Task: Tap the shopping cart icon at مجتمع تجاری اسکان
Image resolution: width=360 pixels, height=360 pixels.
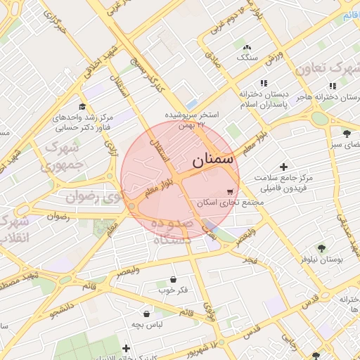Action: (x=230, y=191)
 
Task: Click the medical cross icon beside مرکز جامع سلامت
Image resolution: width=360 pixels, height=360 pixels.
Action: (x=284, y=167)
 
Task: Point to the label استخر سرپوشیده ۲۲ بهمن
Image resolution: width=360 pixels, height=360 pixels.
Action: (x=192, y=119)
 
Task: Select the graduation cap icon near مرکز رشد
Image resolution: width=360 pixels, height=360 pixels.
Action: (x=82, y=106)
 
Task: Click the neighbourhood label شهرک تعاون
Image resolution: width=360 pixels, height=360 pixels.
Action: (x=327, y=68)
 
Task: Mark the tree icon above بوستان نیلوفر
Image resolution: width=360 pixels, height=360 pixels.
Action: (x=321, y=247)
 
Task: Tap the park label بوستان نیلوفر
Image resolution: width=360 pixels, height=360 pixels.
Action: (x=321, y=259)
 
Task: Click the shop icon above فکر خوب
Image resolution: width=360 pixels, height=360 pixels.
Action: (x=173, y=279)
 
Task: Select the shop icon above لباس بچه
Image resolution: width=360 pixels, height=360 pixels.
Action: (x=146, y=314)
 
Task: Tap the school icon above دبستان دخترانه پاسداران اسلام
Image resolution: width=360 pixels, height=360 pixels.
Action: (x=263, y=82)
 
